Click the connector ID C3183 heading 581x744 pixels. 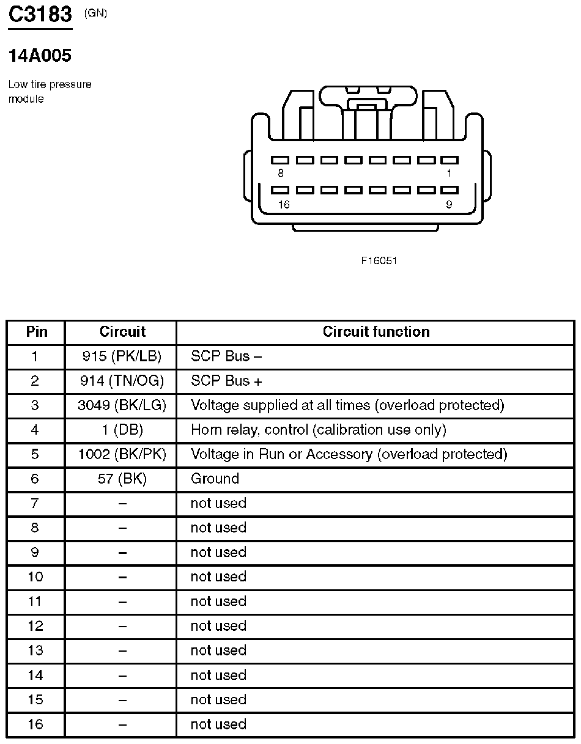tap(40, 15)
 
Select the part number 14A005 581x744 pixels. tap(40, 56)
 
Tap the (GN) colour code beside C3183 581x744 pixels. tap(96, 13)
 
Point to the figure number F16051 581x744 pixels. tap(379, 260)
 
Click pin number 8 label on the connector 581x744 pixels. tap(280, 174)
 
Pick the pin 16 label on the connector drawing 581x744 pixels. tap(283, 205)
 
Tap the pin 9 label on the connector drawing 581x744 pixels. tap(449, 205)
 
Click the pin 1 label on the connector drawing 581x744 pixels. tap(449, 174)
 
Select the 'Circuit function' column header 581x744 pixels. tap(376, 332)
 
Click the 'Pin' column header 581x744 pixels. tap(36, 332)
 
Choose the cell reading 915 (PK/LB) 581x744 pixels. tap(121, 356)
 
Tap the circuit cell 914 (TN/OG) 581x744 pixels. tap(122, 381)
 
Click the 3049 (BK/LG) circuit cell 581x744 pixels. tap(122, 405)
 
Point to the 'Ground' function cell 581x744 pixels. tap(215, 479)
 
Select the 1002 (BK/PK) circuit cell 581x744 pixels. tap(122, 454)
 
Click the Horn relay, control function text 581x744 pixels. tap(318, 430)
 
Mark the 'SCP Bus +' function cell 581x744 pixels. tap(226, 381)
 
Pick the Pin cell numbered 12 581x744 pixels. tap(35, 626)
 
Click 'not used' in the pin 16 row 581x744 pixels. tap(218, 724)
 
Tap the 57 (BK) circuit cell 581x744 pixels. tap(122, 479)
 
